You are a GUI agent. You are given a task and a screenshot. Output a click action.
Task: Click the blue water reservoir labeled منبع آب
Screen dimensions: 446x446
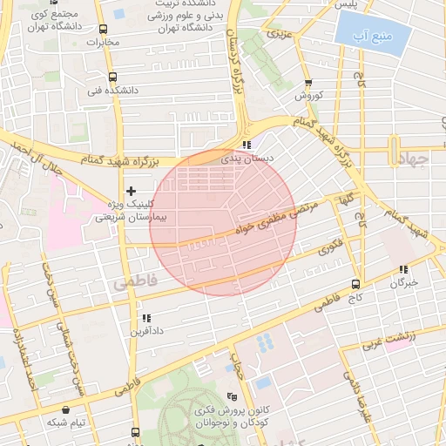coord(369,37)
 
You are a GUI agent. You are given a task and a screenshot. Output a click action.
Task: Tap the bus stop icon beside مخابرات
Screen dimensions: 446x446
coord(103,30)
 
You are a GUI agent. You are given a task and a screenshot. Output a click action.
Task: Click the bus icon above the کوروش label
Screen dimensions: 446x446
coord(307,81)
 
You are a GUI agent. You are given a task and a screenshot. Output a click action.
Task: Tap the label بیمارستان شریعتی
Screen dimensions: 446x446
coord(117,218)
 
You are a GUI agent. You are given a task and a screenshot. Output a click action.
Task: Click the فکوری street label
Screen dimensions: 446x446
coord(330,248)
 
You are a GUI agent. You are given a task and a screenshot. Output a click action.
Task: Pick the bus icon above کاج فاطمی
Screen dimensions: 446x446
coord(355,284)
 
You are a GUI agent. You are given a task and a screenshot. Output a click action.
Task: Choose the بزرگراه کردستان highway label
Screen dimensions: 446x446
coord(235,61)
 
